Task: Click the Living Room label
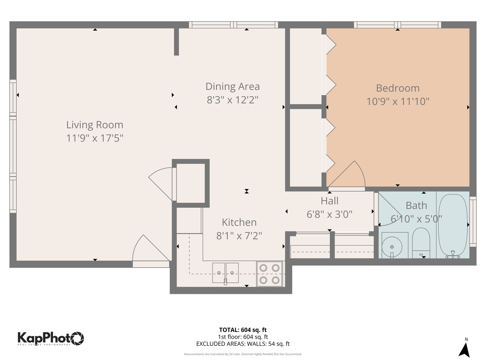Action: [x=94, y=125]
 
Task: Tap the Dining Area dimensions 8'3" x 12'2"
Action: [x=233, y=100]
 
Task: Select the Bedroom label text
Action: [x=398, y=88]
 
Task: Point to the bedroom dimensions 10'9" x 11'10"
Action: [x=398, y=101]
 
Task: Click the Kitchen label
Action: [x=239, y=222]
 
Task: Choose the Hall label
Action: [x=329, y=201]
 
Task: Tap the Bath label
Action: [x=416, y=206]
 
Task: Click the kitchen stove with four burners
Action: [x=269, y=274]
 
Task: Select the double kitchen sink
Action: [x=225, y=273]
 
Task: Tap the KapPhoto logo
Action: [x=51, y=338]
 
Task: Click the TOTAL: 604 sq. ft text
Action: [x=243, y=330]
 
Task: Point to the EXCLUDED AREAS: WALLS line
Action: [x=243, y=344]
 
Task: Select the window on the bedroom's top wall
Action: [x=397, y=25]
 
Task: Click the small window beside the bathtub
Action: [x=473, y=221]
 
